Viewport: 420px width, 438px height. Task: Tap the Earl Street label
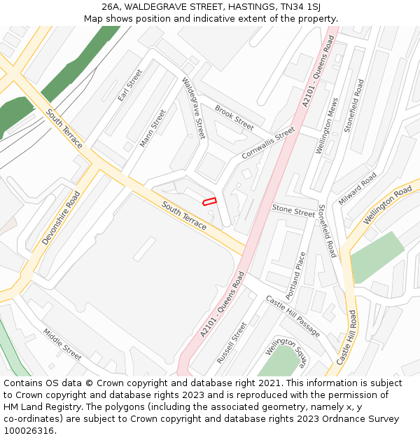point(130,85)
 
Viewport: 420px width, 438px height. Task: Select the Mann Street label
point(153,128)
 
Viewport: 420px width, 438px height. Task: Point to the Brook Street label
point(234,118)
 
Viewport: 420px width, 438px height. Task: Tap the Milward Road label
point(358,188)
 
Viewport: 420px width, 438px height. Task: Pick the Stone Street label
point(293,210)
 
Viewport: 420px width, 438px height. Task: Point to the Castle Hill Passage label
point(292,315)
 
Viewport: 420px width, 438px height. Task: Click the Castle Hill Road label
point(347,337)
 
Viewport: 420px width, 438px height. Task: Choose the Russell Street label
point(232,342)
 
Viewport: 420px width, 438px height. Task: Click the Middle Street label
point(62,344)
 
